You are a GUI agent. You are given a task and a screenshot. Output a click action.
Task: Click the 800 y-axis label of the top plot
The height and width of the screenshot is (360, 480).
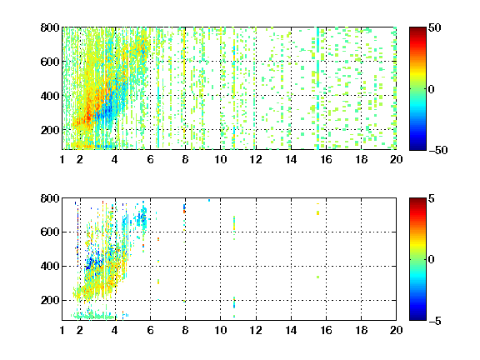(x=50, y=27)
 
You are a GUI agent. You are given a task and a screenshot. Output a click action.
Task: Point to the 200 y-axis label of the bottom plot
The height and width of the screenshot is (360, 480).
(x=50, y=300)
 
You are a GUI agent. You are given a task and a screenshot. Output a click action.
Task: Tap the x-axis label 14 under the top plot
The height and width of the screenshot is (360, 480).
(x=291, y=159)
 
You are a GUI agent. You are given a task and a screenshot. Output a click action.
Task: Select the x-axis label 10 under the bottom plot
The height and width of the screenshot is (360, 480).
(x=220, y=330)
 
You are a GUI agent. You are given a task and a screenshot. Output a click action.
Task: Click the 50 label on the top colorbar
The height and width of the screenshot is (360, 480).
(x=434, y=27)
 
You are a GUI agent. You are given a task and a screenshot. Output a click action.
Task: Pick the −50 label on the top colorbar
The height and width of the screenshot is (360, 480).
(x=438, y=150)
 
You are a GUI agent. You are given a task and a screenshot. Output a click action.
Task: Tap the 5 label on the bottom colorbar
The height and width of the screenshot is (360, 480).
(x=432, y=198)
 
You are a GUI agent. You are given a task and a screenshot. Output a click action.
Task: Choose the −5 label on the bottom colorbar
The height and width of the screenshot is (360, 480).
(x=435, y=321)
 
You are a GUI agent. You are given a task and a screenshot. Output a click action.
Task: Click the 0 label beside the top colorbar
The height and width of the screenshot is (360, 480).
(x=432, y=89)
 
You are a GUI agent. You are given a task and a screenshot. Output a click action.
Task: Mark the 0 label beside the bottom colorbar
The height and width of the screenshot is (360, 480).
(x=432, y=260)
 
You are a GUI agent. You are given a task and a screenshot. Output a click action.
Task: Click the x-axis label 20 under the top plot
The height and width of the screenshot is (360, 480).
(x=396, y=159)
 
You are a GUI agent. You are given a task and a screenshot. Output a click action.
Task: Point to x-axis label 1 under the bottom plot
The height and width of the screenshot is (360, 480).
(x=62, y=330)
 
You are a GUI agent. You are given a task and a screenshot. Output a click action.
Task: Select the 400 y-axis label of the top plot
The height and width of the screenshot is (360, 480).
(x=50, y=96)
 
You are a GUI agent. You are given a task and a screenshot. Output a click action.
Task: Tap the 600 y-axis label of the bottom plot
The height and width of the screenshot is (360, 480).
(x=50, y=232)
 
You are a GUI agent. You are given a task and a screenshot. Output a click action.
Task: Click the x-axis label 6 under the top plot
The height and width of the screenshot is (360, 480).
(x=150, y=159)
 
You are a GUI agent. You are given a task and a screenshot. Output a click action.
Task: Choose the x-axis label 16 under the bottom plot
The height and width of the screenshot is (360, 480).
(x=326, y=330)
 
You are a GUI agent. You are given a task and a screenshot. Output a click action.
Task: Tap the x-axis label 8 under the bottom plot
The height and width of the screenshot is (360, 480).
(x=185, y=330)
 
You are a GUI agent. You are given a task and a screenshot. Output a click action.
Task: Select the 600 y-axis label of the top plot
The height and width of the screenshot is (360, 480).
(x=50, y=62)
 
